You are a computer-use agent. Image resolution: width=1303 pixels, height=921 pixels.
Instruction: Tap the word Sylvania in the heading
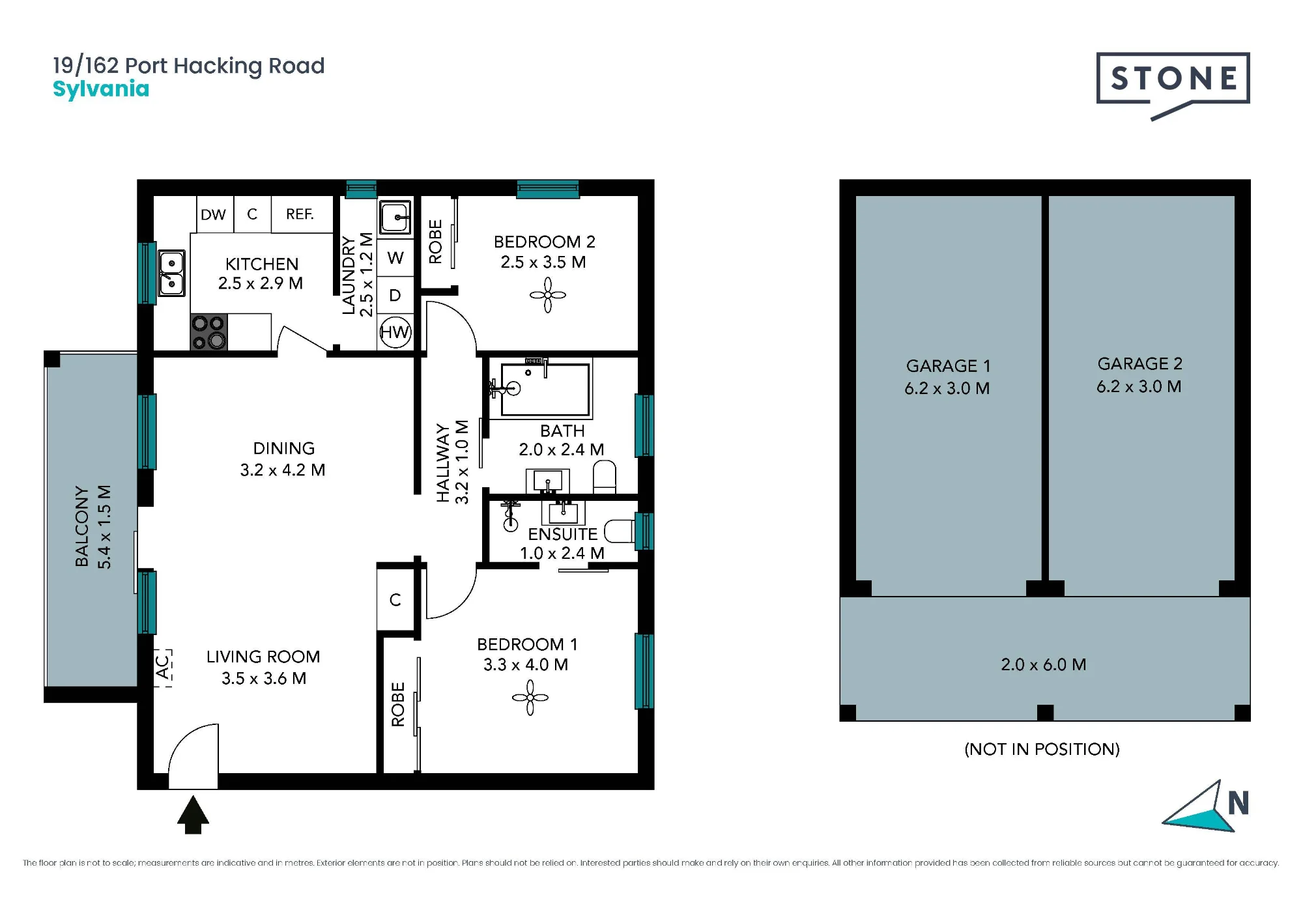(101, 89)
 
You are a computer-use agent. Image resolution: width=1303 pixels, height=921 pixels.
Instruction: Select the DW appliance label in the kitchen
(213, 214)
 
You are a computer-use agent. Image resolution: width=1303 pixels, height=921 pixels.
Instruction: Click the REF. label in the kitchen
(300, 214)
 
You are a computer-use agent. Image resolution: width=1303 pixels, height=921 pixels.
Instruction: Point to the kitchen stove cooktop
(208, 332)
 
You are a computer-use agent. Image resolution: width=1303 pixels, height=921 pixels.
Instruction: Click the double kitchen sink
(172, 274)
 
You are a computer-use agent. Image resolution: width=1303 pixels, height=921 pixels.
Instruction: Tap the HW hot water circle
(395, 332)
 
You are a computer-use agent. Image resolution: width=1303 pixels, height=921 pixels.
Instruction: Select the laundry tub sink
(395, 217)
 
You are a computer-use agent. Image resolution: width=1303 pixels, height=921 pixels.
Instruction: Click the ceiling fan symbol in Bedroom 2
(547, 295)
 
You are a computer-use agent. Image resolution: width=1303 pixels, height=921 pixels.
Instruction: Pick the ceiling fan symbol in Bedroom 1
(530, 698)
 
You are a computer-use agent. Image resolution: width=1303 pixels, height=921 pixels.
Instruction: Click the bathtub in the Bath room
(545, 389)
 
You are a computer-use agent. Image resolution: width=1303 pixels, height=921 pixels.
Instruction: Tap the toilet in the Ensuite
(619, 531)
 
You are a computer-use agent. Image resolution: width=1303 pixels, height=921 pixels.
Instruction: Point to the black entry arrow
(193, 814)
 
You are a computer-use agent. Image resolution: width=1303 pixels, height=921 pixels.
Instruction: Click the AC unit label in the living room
(163, 668)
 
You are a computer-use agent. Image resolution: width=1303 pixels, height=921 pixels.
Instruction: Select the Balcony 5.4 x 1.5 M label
(93, 526)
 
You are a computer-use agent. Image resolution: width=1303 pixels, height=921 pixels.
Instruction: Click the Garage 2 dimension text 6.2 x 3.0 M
(1139, 386)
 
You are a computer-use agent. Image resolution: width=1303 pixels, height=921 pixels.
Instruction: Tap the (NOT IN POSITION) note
(1042, 749)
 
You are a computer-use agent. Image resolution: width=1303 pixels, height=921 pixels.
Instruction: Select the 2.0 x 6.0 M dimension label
(1044, 664)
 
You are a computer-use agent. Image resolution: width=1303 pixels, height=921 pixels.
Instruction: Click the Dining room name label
(284, 448)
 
